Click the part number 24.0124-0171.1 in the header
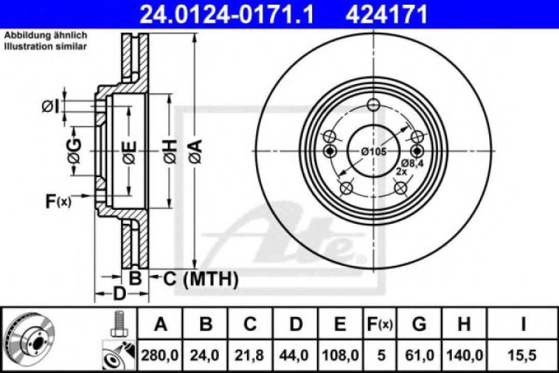pyautogui.click(x=227, y=14)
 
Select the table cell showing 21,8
pyautogui.click(x=250, y=356)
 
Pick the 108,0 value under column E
pyautogui.click(x=340, y=356)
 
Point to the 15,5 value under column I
pyautogui.click(x=523, y=356)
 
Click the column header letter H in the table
pyautogui.click(x=464, y=325)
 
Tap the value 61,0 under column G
pyautogui.click(x=419, y=356)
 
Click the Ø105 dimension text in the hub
pyautogui.click(x=374, y=151)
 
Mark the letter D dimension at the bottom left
pyautogui.click(x=119, y=294)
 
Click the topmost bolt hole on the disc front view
pyautogui.click(x=374, y=105)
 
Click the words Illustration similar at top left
pyautogui.click(x=46, y=46)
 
